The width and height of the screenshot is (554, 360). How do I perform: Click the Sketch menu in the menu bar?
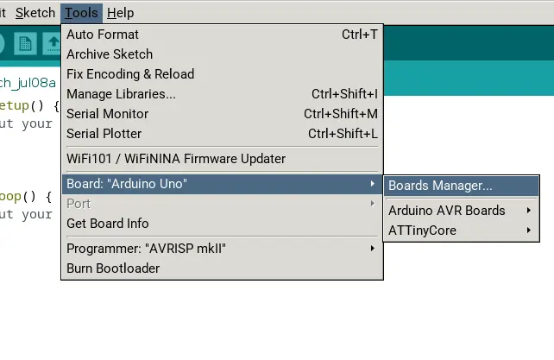(x=35, y=13)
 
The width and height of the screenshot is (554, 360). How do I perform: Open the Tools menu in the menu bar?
(x=81, y=13)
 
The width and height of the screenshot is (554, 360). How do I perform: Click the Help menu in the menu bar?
(x=120, y=13)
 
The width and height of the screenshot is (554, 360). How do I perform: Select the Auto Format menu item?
(x=103, y=35)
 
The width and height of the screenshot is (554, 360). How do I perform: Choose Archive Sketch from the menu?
(x=109, y=54)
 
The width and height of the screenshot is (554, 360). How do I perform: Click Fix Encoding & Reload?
(x=130, y=74)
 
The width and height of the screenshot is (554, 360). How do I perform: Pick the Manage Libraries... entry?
(x=121, y=94)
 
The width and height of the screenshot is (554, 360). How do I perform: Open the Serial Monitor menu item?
(x=107, y=114)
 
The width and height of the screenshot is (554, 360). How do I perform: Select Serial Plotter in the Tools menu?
(x=104, y=134)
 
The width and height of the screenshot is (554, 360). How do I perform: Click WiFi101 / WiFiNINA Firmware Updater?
(x=176, y=159)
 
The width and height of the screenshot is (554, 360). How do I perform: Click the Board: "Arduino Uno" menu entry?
(x=127, y=184)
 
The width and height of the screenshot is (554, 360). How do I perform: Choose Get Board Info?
(x=108, y=224)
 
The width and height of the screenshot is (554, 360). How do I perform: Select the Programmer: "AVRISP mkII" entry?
(x=146, y=249)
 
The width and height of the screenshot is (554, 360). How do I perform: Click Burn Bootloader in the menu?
(x=113, y=268)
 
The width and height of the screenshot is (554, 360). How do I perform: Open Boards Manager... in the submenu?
(x=440, y=186)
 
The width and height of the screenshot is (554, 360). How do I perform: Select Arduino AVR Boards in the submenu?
(x=447, y=211)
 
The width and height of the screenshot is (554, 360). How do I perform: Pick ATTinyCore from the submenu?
(x=422, y=231)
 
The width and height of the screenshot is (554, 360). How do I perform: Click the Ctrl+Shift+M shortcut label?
(x=341, y=114)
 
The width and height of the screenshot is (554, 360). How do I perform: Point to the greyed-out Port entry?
(x=79, y=204)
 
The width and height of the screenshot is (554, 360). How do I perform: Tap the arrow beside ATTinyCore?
(x=528, y=231)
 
